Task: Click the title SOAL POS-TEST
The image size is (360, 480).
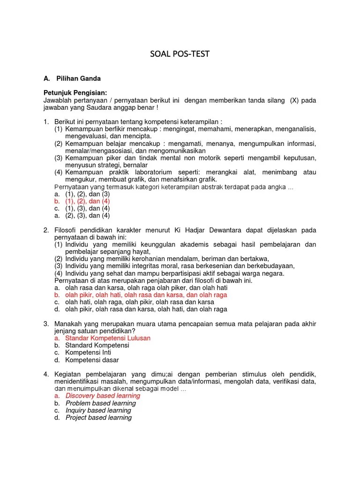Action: [180, 54]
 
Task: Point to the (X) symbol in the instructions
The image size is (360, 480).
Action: [294, 100]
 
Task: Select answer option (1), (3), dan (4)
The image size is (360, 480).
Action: [87, 208]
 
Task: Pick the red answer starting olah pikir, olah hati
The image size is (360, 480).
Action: [146, 295]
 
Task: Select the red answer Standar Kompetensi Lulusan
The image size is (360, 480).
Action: [108, 338]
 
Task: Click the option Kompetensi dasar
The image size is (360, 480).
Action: [92, 360]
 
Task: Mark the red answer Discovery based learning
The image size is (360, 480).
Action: [103, 396]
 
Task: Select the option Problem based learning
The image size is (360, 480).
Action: [100, 403]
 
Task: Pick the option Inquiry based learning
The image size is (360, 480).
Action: [98, 410]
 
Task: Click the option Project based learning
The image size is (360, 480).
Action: [98, 418]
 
